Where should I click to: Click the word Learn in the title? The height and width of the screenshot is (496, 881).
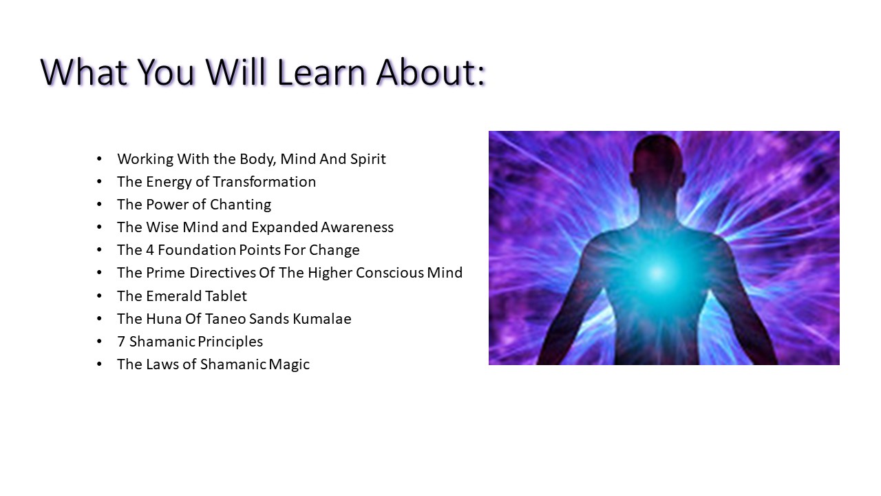pos(321,72)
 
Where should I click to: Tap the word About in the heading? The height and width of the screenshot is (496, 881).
pos(426,72)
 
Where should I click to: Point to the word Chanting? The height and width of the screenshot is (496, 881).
pos(240,205)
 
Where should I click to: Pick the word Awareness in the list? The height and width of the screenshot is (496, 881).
pos(357,227)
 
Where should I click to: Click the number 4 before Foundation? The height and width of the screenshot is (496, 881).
pos(149,250)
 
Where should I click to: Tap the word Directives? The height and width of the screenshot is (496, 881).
pos(222,273)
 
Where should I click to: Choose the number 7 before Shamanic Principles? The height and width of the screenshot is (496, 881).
pos(121,342)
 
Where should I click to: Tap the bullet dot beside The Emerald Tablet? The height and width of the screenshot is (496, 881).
pos(99,296)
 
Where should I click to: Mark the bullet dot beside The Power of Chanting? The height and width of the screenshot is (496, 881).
pos(99,205)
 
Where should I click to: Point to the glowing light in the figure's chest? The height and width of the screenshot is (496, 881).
pos(657,273)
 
